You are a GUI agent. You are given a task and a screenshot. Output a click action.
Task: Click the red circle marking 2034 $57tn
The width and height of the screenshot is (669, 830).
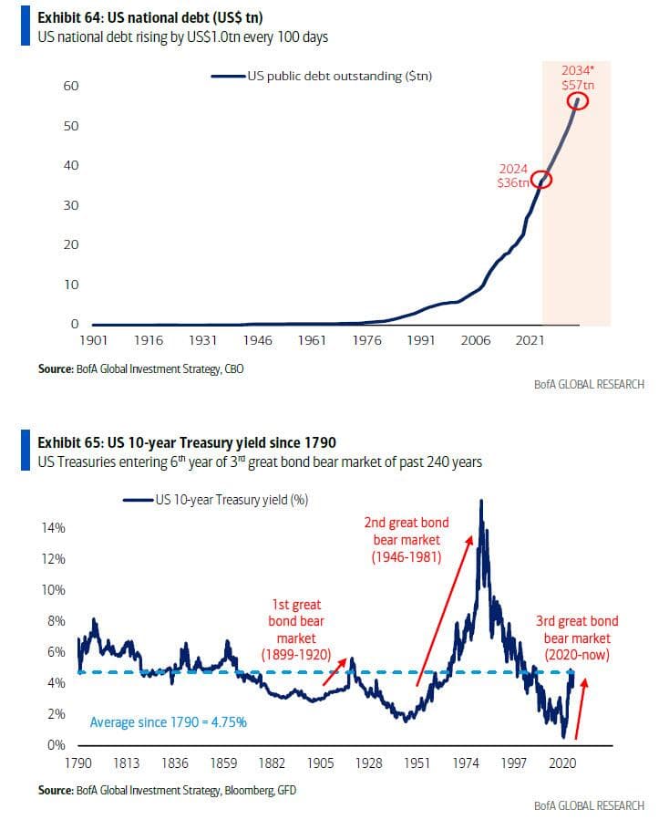click(578, 101)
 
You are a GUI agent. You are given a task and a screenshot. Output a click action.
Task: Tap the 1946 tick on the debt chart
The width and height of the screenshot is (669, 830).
click(258, 340)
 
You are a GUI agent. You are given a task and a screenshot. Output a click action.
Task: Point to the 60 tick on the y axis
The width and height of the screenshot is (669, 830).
click(70, 86)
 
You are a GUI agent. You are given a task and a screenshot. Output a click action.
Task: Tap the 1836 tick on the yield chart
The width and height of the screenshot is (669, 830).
click(175, 763)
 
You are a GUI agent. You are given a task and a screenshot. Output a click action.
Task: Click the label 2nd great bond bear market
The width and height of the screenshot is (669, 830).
click(407, 539)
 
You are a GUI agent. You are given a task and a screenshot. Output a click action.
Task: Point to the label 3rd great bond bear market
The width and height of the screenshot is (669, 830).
click(577, 638)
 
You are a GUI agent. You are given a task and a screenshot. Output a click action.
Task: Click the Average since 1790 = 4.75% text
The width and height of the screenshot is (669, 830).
click(169, 722)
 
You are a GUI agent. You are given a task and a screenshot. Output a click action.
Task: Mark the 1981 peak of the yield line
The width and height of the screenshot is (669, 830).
click(481, 502)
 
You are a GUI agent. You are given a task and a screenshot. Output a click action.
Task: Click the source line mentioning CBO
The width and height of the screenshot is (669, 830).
click(140, 368)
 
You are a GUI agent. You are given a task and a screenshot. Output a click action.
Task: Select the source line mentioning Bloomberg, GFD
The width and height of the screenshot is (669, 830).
click(167, 790)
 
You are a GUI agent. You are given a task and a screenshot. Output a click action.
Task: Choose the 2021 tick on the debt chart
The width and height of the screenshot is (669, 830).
click(531, 340)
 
